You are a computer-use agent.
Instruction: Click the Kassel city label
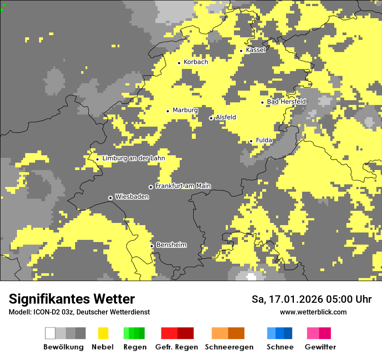[x=255, y=50]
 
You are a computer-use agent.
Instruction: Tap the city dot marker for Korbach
[x=179, y=63]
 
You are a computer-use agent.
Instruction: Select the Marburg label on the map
[x=185, y=110]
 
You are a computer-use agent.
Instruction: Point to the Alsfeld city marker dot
[x=211, y=118]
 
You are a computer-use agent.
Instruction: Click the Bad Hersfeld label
[x=286, y=101]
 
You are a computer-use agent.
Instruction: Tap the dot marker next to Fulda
[x=251, y=141]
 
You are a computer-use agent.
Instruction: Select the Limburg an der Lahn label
[x=133, y=158]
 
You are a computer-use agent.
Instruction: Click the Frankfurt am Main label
[x=183, y=186]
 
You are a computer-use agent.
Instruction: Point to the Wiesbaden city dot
[x=110, y=198]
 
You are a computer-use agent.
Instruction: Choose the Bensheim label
[x=171, y=245]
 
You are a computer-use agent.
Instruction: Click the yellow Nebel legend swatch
[x=103, y=333]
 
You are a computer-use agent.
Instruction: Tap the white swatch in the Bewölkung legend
[x=50, y=333]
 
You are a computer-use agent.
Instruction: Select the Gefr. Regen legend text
[x=177, y=347]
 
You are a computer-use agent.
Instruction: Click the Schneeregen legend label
[x=229, y=347]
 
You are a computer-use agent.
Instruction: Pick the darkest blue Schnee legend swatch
[x=288, y=333]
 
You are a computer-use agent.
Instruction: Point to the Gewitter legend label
[x=320, y=347]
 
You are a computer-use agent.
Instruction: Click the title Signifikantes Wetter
[x=72, y=299]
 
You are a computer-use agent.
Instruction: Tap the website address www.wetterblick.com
[x=313, y=312]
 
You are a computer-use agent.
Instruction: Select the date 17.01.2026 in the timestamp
[x=291, y=299]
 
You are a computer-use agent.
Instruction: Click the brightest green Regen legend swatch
[x=126, y=333]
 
